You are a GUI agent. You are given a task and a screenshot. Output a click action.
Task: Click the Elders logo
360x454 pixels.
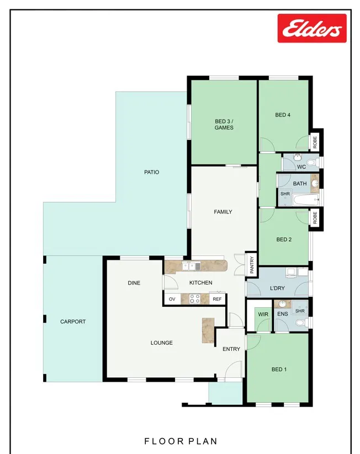pyautogui.click(x=312, y=28)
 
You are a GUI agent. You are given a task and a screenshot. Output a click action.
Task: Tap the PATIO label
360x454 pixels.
pyautogui.click(x=152, y=172)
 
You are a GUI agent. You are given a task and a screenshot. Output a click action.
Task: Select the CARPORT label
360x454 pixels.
pyautogui.click(x=73, y=322)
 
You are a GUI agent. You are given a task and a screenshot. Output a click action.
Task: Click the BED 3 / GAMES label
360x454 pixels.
pyautogui.click(x=224, y=125)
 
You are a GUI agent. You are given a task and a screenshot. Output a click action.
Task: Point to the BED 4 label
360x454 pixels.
pyautogui.click(x=283, y=115)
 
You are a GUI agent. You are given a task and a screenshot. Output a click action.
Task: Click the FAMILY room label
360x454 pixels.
pyautogui.click(x=223, y=212)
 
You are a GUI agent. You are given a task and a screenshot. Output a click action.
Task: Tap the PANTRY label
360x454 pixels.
pyautogui.click(x=252, y=265)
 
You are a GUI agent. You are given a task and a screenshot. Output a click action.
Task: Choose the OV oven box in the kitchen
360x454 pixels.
pyautogui.click(x=172, y=299)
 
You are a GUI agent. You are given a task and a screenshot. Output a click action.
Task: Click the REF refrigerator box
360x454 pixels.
pyautogui.click(x=217, y=299)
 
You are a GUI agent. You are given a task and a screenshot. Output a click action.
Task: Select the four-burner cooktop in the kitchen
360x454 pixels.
pyautogui.click(x=195, y=299)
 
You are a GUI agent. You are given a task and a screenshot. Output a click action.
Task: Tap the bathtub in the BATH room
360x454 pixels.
pyautogui.click(x=306, y=199)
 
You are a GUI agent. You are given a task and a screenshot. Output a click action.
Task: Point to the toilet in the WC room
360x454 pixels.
pyautogui.click(x=310, y=162)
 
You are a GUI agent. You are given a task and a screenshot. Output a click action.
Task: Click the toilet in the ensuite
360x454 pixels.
pyautogui.click(x=300, y=322)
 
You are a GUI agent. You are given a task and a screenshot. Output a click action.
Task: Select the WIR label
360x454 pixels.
pyautogui.click(x=263, y=314)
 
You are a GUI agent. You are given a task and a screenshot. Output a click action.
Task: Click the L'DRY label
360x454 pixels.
pyautogui.click(x=277, y=288)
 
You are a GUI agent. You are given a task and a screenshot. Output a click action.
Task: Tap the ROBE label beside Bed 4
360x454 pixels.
pyautogui.click(x=315, y=142)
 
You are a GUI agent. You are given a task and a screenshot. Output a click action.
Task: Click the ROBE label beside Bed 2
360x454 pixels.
pyautogui.click(x=315, y=217)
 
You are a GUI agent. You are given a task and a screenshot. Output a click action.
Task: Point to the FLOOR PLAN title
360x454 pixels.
pyautogui.click(x=181, y=441)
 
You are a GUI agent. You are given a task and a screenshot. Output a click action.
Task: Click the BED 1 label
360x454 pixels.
pyautogui.click(x=279, y=370)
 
